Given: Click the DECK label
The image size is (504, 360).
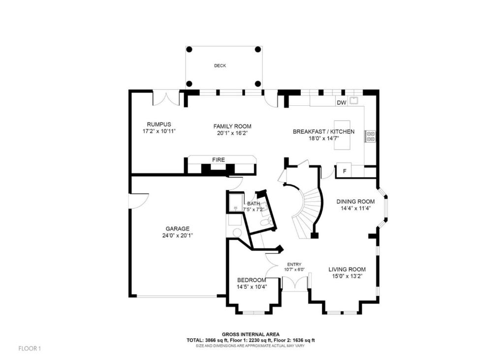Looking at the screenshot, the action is click(220, 65).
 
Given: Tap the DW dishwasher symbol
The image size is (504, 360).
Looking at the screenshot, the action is click(342, 102).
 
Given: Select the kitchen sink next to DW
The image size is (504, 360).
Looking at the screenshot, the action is click(354, 100).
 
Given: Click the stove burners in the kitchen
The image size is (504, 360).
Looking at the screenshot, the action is click(370, 136).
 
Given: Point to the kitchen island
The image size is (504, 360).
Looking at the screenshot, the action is click(342, 135).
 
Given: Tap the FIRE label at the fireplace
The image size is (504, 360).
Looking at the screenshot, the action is click(218, 160).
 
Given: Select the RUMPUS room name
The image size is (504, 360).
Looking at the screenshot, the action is click(159, 124).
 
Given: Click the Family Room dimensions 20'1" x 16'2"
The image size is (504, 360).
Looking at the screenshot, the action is click(232, 133).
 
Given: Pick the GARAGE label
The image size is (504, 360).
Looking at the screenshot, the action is click(177, 229).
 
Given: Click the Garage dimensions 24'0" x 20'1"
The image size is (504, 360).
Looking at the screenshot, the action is click(177, 236).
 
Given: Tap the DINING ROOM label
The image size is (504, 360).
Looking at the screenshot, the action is click(355, 202).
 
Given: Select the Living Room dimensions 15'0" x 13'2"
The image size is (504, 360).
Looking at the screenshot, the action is click(347, 276).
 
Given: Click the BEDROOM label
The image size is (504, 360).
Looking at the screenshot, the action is click(252, 280).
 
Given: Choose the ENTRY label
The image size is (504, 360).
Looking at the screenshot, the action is click(294, 265).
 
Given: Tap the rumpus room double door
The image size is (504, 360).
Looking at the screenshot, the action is click(165, 98).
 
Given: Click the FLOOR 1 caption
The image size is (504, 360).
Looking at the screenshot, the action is click(30, 348).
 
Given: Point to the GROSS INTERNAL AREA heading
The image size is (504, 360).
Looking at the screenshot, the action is click(251, 334).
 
